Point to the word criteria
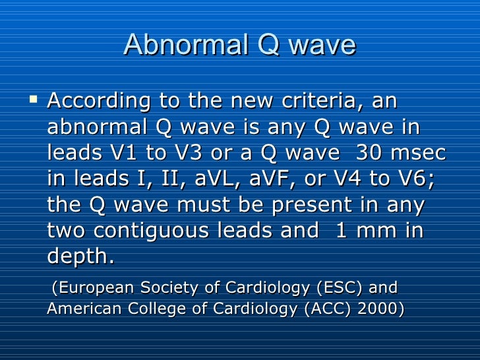pos(318,102)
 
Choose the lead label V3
pos(190,153)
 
